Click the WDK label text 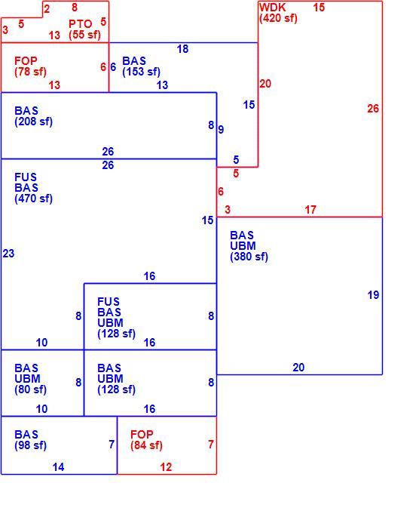click(x=273, y=7)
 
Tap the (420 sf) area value click(x=279, y=18)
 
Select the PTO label click(x=81, y=24)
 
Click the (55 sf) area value click(x=84, y=35)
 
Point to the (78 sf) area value click(x=30, y=72)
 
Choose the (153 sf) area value click(x=141, y=72)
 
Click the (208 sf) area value click(x=33, y=122)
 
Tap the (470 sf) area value click(x=33, y=199)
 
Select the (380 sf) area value click(x=249, y=257)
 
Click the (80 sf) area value click(x=30, y=389)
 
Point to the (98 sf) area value click(x=30, y=445)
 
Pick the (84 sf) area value click(x=146, y=445)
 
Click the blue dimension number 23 click(x=8, y=254)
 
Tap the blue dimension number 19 click(x=374, y=295)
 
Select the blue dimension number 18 click(x=183, y=49)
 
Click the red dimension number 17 click(x=310, y=210)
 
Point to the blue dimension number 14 click(x=59, y=467)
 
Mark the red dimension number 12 click(x=166, y=467)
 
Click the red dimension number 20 click(x=265, y=84)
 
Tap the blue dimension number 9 click(x=222, y=130)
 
